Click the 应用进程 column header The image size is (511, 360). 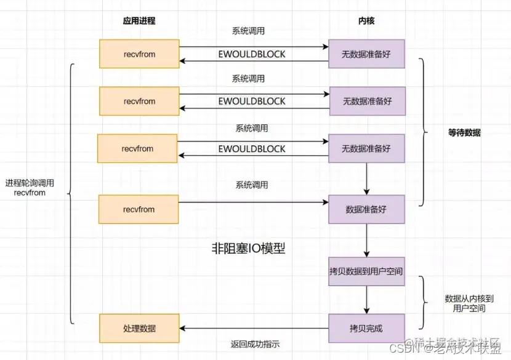139,21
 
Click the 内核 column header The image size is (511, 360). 366,21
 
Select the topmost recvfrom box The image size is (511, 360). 139,54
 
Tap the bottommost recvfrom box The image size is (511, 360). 139,209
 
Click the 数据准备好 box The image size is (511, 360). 366,209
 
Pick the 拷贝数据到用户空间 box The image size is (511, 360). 366,271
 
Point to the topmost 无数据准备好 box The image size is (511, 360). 366,54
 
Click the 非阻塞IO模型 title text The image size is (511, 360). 248,249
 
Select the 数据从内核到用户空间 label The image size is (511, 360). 469,303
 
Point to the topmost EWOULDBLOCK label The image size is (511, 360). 252,54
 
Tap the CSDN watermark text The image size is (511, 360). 413,349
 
